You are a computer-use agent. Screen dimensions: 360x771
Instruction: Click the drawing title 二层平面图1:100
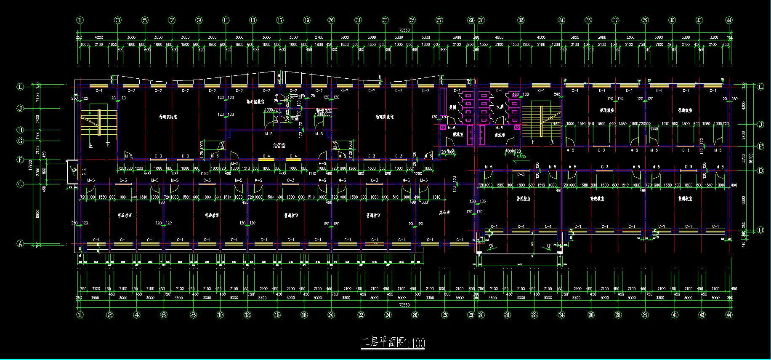[393, 342]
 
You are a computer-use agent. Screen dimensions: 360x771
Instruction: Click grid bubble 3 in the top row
[118, 20]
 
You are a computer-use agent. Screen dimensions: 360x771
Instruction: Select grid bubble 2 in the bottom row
[110, 315]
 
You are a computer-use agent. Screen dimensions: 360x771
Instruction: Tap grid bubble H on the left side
[20, 130]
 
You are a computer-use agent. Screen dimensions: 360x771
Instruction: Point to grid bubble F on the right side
[760, 147]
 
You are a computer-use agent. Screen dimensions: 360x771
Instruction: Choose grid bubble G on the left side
[20, 141]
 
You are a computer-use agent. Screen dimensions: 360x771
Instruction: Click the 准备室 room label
[279, 145]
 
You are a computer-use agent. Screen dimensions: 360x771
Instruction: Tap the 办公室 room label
[444, 212]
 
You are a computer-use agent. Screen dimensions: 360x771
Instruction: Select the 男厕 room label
[453, 107]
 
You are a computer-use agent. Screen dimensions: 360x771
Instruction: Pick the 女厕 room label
[500, 107]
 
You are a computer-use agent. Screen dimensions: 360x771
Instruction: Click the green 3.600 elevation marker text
[521, 157]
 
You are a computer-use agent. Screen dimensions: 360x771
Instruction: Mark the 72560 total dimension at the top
[404, 30]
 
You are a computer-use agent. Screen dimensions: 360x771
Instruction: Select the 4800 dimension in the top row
[499, 37]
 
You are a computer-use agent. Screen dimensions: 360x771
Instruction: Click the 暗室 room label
[294, 118]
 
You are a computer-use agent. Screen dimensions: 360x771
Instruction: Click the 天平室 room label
[296, 96]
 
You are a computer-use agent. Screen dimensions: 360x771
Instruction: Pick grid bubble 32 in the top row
[521, 20]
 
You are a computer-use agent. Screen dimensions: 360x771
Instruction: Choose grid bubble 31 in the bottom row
[508, 315]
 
